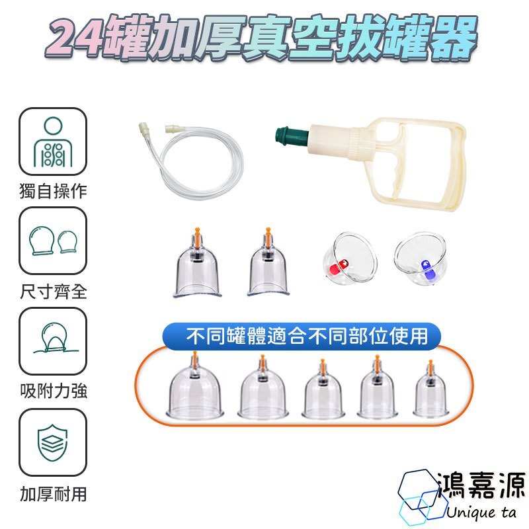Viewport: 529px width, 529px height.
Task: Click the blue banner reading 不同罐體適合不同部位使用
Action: pyautogui.click(x=302, y=336)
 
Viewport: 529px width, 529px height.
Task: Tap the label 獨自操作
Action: pyautogui.click(x=54, y=191)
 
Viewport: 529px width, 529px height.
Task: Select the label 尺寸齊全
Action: pyautogui.click(x=54, y=292)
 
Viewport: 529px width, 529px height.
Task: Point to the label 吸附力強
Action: pyautogui.click(x=54, y=391)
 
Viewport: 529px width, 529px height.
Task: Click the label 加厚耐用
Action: pyautogui.click(x=54, y=493)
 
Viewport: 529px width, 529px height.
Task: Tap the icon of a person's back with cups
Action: pyautogui.click(x=53, y=142)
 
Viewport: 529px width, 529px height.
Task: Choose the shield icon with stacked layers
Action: pyautogui.click(x=53, y=443)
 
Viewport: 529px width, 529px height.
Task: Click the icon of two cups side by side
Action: pyautogui.click(x=54, y=241)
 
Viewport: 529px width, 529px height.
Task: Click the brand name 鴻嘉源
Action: pyautogui.click(x=481, y=485)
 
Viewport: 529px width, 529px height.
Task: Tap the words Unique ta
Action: pyautogui.click(x=481, y=512)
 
